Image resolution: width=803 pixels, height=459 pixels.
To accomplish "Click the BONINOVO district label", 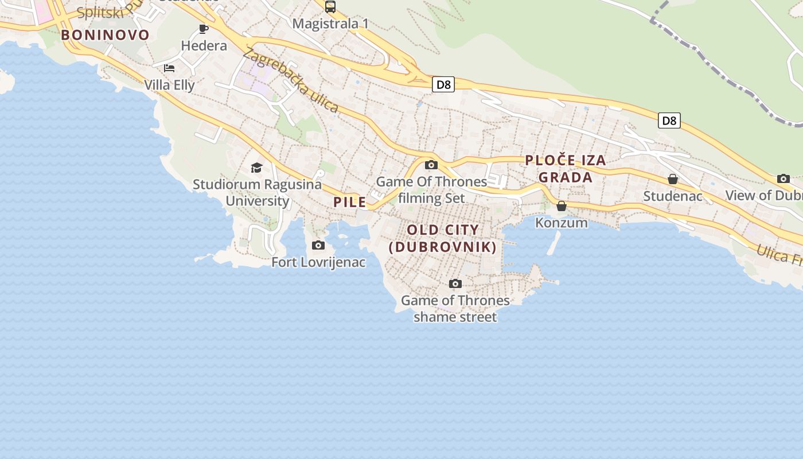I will (x=105, y=35).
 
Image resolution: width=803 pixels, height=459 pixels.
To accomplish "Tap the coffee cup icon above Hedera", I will (x=204, y=29).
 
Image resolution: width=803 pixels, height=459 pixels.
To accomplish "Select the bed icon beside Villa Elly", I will (x=169, y=68).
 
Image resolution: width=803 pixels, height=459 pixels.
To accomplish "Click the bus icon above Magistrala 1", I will (x=330, y=7).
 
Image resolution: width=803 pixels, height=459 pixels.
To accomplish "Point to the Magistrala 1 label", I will (x=330, y=24).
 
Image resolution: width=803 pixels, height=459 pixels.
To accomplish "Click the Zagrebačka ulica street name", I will (x=290, y=80).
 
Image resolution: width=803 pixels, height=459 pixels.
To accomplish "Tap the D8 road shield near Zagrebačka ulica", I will (x=443, y=85).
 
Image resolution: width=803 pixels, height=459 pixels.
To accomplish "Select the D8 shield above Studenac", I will (x=669, y=120).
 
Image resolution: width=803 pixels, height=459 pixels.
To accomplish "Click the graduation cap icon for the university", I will (x=256, y=168).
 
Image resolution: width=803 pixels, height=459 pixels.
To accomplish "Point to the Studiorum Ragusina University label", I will (x=257, y=192).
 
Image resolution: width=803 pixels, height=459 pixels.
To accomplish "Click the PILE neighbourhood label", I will (x=349, y=202).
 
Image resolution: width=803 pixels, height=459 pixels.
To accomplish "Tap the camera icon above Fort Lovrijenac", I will (x=318, y=246).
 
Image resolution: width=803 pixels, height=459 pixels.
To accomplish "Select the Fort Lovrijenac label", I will (x=318, y=262).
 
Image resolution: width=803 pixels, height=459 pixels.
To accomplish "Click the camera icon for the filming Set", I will (x=431, y=165).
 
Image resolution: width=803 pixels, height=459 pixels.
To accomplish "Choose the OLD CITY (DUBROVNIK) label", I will (x=442, y=238).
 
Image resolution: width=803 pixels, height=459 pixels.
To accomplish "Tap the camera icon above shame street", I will (x=455, y=283).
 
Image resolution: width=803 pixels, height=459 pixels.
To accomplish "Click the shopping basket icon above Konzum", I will (x=562, y=206).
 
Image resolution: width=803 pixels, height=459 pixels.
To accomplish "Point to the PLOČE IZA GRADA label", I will (x=566, y=169).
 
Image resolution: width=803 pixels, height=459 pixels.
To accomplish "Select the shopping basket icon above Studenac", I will (x=673, y=180).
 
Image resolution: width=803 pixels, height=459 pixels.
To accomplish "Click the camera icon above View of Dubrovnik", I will (x=783, y=179).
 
